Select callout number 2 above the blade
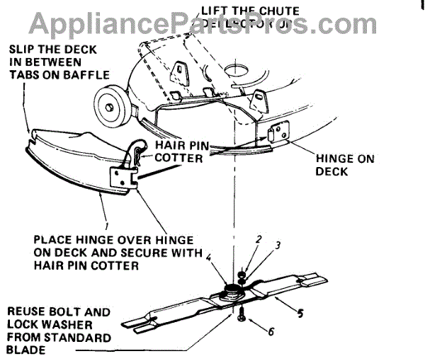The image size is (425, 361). point(259,240)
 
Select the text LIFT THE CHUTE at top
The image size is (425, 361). point(250,10)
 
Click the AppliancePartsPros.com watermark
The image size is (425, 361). point(212,23)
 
